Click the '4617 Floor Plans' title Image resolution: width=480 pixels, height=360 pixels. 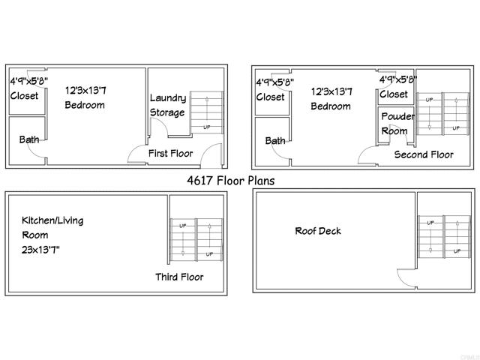230,180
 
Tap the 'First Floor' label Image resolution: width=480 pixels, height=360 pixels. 170,154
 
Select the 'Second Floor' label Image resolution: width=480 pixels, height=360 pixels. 424,155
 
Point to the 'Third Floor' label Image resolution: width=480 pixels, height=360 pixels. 179,277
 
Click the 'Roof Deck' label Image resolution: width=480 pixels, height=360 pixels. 317,231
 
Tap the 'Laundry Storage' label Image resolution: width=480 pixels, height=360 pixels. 167,105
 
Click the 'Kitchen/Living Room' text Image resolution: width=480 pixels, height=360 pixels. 52,227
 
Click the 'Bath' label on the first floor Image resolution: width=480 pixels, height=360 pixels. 29,139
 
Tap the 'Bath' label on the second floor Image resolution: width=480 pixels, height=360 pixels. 275,140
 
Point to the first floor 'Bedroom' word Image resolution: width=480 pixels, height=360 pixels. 85,105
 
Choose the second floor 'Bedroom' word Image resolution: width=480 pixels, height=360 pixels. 331,106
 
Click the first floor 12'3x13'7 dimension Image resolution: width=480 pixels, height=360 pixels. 85,90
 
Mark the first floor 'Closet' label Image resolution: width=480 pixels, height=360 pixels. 24,96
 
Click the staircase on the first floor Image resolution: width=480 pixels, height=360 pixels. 206,112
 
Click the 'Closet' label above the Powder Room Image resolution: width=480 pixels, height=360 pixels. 394,94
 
